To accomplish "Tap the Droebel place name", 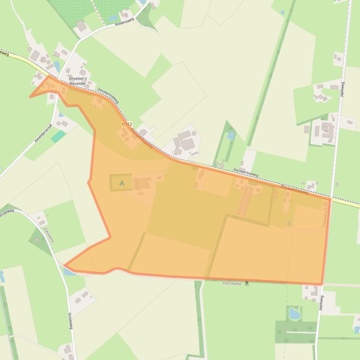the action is [x=78, y=79].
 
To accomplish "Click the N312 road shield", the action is [x=127, y=124].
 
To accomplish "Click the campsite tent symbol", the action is [x=122, y=183].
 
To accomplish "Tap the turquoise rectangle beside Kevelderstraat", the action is [x=58, y=137].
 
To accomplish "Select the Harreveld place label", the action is [x=232, y=283].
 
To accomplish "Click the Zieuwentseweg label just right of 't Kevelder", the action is [x=108, y=94].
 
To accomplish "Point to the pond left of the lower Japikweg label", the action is [x=295, y=312].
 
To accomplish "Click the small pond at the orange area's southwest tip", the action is [x=70, y=271].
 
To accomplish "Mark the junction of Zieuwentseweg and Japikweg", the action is [x=331, y=199].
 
